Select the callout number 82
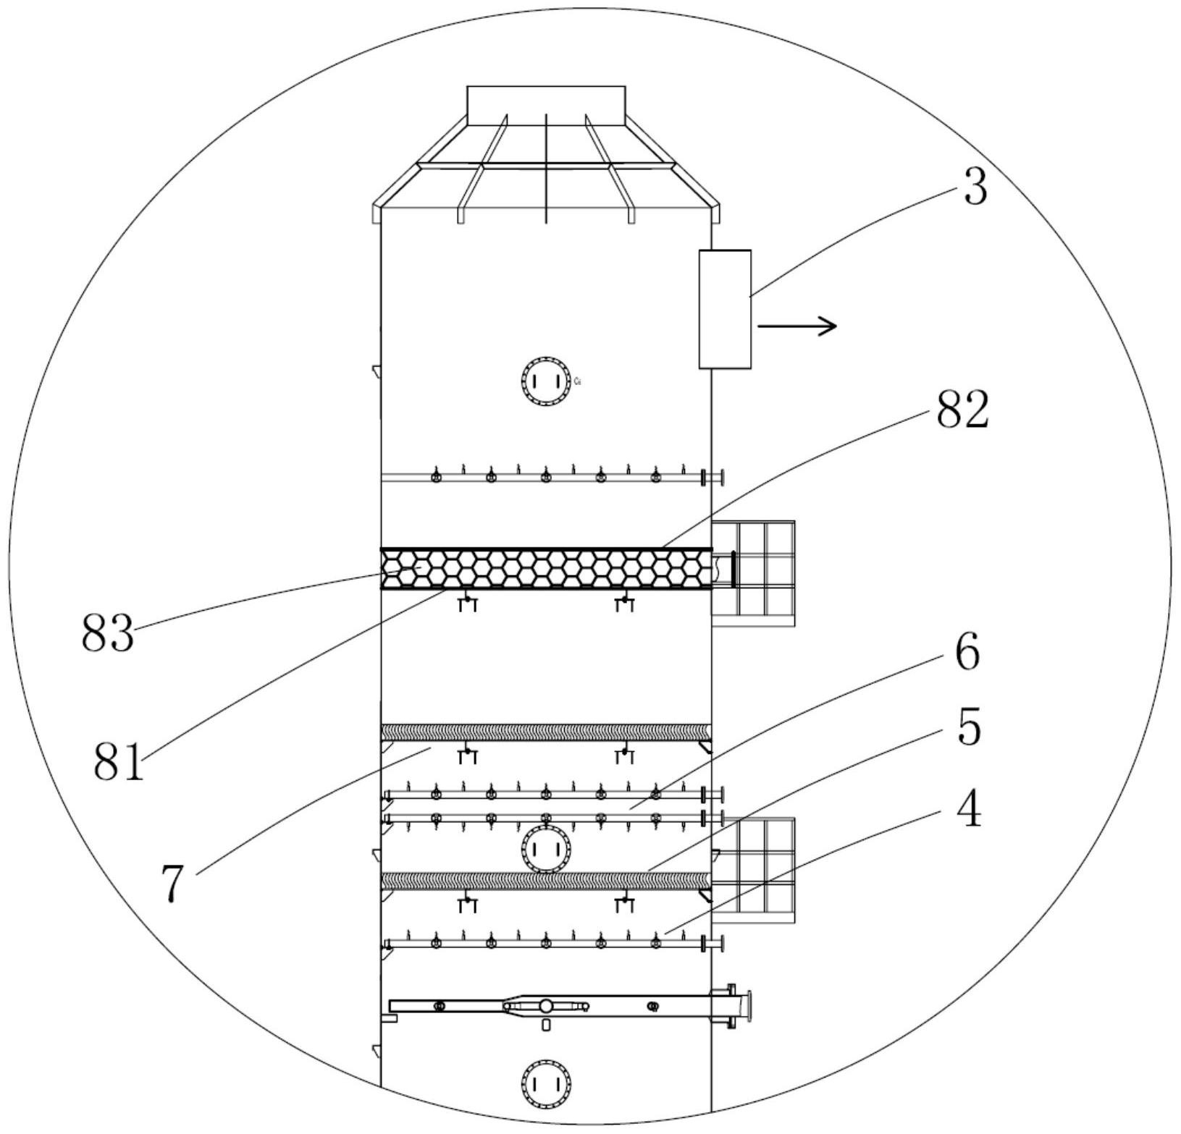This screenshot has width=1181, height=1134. tap(962, 410)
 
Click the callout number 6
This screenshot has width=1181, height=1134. tap(967, 651)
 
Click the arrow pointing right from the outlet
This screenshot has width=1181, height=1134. tap(797, 326)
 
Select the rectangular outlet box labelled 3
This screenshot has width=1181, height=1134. tap(725, 309)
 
